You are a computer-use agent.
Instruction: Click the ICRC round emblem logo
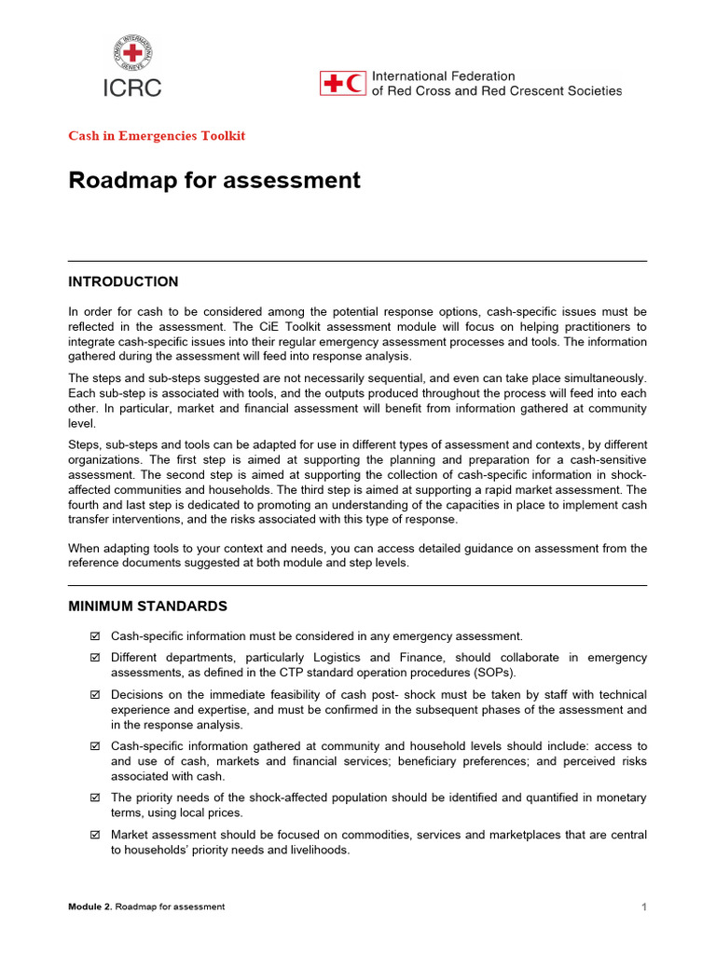coord(131,54)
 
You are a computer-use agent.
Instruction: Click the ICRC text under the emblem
coord(131,89)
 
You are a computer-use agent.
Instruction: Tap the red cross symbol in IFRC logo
coord(332,84)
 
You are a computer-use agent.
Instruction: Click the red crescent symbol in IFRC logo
coord(354,84)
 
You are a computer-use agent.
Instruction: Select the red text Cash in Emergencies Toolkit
coord(157,136)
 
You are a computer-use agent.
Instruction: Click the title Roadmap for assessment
coord(214,180)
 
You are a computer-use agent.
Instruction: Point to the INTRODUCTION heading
coord(123,281)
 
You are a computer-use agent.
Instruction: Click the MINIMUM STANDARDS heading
coord(147,606)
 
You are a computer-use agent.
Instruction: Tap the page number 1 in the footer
coord(643,907)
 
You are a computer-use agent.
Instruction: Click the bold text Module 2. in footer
coord(89,907)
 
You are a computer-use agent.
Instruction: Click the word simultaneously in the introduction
coord(601,377)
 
